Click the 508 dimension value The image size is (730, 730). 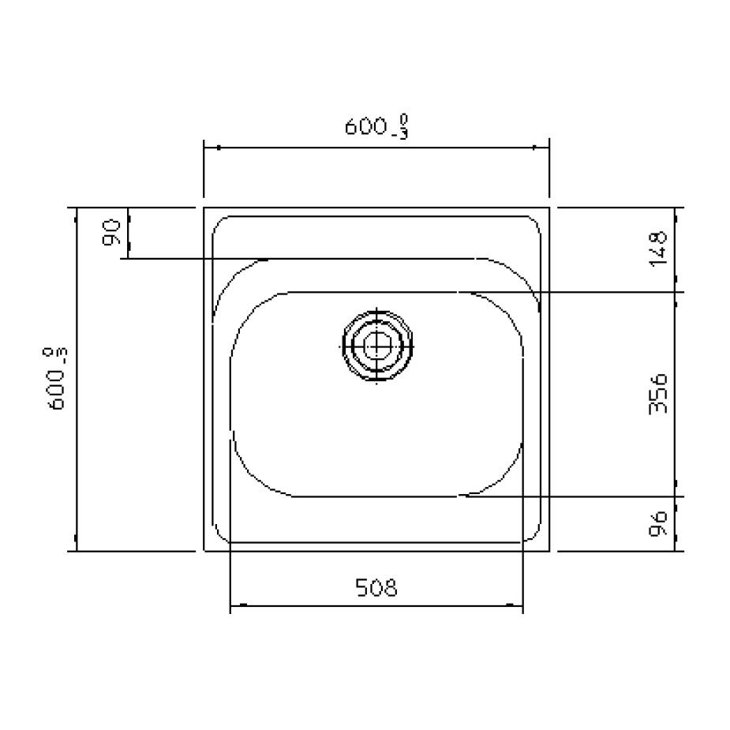coord(376,587)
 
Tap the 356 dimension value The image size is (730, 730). coord(658,393)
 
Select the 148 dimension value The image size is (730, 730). coord(658,249)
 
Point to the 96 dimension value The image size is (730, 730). coord(658,524)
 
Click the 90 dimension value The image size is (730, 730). coord(110,232)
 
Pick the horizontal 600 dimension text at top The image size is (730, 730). coord(376,125)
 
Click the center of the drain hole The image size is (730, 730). coord(377,346)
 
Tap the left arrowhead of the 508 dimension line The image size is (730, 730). coord(238,605)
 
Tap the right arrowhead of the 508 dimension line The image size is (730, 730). coord(515,605)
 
